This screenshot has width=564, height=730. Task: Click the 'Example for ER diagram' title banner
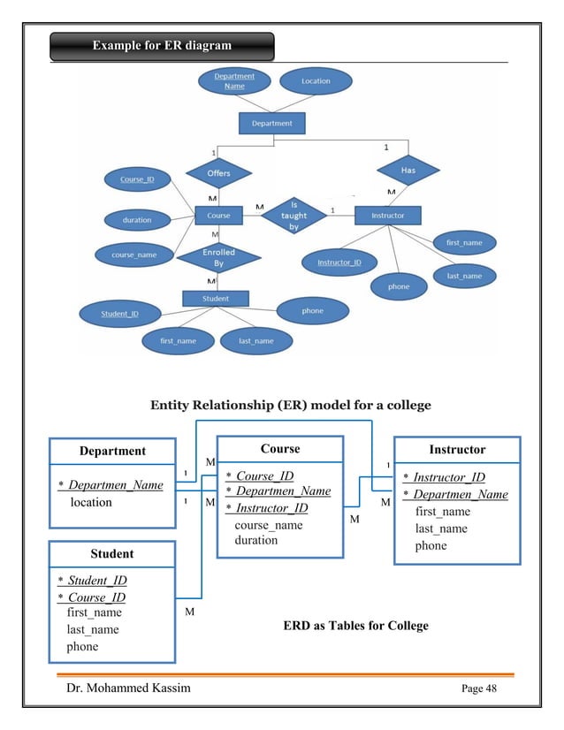point(162,46)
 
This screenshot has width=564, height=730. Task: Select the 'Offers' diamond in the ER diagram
point(218,173)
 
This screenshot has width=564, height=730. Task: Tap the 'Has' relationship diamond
point(408,169)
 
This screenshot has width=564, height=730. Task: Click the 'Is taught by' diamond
point(294,215)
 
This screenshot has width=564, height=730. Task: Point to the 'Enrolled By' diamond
point(218,257)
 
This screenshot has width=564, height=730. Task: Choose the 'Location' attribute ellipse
point(316,81)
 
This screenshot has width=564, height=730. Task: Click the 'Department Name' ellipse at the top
point(234,81)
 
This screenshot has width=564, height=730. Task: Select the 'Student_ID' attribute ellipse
point(118,313)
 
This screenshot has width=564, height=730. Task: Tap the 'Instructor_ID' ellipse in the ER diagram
point(339,262)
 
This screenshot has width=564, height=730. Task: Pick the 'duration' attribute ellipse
point(137,219)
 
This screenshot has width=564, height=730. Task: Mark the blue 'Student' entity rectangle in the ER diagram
point(216,299)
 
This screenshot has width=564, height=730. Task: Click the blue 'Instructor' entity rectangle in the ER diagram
point(387,215)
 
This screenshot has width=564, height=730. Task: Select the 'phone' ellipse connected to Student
point(312,311)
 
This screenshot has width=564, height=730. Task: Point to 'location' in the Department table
point(91,502)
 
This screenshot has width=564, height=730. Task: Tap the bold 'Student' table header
point(111,554)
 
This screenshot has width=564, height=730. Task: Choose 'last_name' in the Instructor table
point(442,528)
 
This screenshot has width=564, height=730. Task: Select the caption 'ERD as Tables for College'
point(355,626)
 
